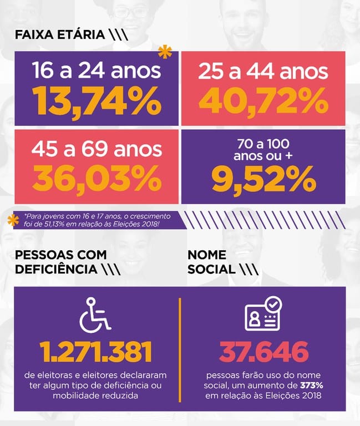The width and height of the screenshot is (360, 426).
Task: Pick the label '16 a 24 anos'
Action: click(97, 72)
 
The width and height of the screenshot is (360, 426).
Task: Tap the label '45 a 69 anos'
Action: click(97, 149)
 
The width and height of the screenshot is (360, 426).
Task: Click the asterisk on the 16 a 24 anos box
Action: click(165, 52)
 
